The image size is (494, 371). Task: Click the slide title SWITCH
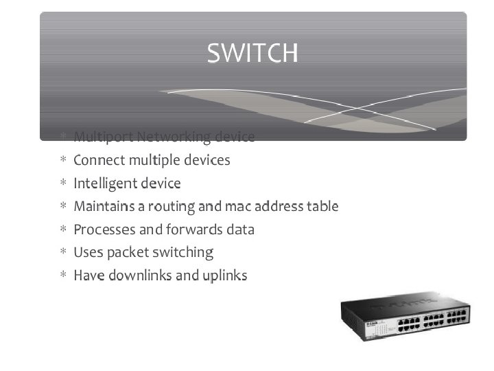click(x=252, y=53)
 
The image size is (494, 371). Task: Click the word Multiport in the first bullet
click(x=102, y=137)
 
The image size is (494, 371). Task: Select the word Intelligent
click(x=105, y=183)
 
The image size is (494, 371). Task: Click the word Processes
click(x=102, y=229)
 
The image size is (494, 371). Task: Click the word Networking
click(x=173, y=137)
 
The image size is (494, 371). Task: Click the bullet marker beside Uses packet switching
click(x=62, y=253)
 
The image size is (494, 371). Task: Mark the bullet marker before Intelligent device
click(x=62, y=183)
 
